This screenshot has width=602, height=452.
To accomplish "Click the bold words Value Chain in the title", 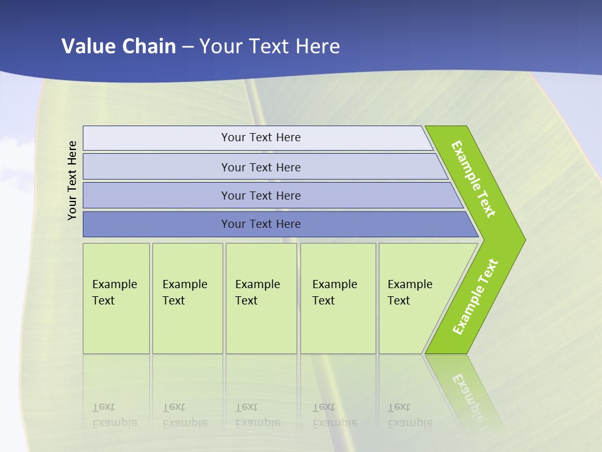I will point(119,46).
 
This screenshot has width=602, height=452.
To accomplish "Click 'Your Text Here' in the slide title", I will point(270,46).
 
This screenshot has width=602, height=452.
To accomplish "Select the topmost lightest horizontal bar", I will point(157,138).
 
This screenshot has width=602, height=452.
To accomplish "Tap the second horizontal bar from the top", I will point(157,167).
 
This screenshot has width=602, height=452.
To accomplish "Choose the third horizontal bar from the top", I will point(157,195).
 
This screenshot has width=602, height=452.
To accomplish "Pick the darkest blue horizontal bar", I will point(157,224).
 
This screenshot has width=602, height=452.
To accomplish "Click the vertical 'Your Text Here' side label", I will point(72,180).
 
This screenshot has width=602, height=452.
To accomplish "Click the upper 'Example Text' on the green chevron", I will point(473,179).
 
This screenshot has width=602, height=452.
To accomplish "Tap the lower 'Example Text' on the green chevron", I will point(475,297).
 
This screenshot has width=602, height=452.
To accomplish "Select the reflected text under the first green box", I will point(115,415).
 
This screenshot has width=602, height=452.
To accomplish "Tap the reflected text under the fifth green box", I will point(410,415).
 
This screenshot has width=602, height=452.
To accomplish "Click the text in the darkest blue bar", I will point(261,224).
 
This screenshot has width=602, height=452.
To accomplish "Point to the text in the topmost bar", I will point(261,137).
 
